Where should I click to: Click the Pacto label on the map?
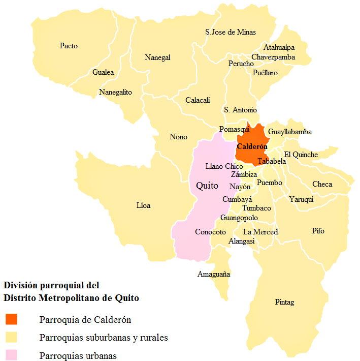69,46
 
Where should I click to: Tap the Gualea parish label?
103,72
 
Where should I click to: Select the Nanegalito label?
115,92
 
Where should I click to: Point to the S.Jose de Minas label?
231,32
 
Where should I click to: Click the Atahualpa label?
279,47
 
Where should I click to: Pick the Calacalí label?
198,100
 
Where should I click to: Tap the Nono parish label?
178,137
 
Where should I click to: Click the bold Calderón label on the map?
252,146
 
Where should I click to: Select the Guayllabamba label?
290,132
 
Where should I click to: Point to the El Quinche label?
301,155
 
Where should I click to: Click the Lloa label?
143,205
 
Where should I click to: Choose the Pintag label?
284,302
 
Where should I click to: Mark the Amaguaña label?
213,275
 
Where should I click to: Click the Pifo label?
318,231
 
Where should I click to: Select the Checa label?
322,184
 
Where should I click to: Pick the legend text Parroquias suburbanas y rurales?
104,338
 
